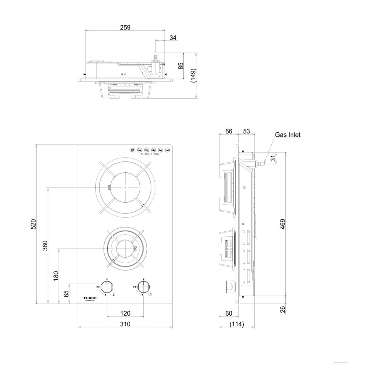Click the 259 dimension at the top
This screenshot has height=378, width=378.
click(x=125, y=27)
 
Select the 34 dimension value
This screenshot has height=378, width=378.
click(x=173, y=37)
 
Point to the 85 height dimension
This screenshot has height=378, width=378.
click(x=181, y=65)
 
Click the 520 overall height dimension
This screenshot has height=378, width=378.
click(x=33, y=224)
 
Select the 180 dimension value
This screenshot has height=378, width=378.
click(x=56, y=276)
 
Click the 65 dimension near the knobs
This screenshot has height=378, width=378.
click(x=67, y=293)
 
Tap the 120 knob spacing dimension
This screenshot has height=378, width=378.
click(x=125, y=313)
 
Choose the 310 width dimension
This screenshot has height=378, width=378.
click(x=125, y=324)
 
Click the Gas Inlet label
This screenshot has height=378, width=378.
click(x=288, y=135)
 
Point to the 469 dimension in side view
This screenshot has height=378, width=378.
click(x=283, y=224)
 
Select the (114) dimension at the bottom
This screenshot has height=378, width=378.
click(x=237, y=324)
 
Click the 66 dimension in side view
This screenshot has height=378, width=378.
click(x=229, y=131)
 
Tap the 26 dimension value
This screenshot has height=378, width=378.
click(x=283, y=309)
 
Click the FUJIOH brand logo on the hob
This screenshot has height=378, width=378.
click(x=90, y=298)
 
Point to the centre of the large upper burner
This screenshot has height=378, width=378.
click(x=125, y=187)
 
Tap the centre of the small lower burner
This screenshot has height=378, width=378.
click(x=125, y=248)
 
